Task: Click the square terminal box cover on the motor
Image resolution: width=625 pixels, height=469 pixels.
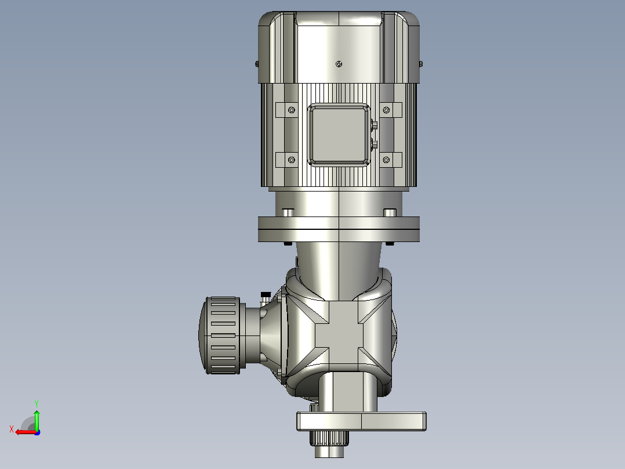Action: (339, 135)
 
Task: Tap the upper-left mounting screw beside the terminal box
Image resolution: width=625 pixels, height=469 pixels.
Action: (292, 110)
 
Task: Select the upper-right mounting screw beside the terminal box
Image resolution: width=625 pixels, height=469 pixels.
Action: (386, 110)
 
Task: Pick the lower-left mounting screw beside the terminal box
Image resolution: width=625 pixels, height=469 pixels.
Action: (292, 160)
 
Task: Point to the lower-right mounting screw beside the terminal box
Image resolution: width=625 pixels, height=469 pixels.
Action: (386, 160)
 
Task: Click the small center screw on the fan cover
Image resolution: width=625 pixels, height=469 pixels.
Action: (339, 64)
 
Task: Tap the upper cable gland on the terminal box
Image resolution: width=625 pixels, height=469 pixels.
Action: (374, 125)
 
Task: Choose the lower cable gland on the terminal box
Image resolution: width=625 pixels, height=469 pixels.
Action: (374, 144)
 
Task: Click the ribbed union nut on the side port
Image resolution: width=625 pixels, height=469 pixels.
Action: (220, 335)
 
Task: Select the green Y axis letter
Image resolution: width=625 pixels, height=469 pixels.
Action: (37, 403)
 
